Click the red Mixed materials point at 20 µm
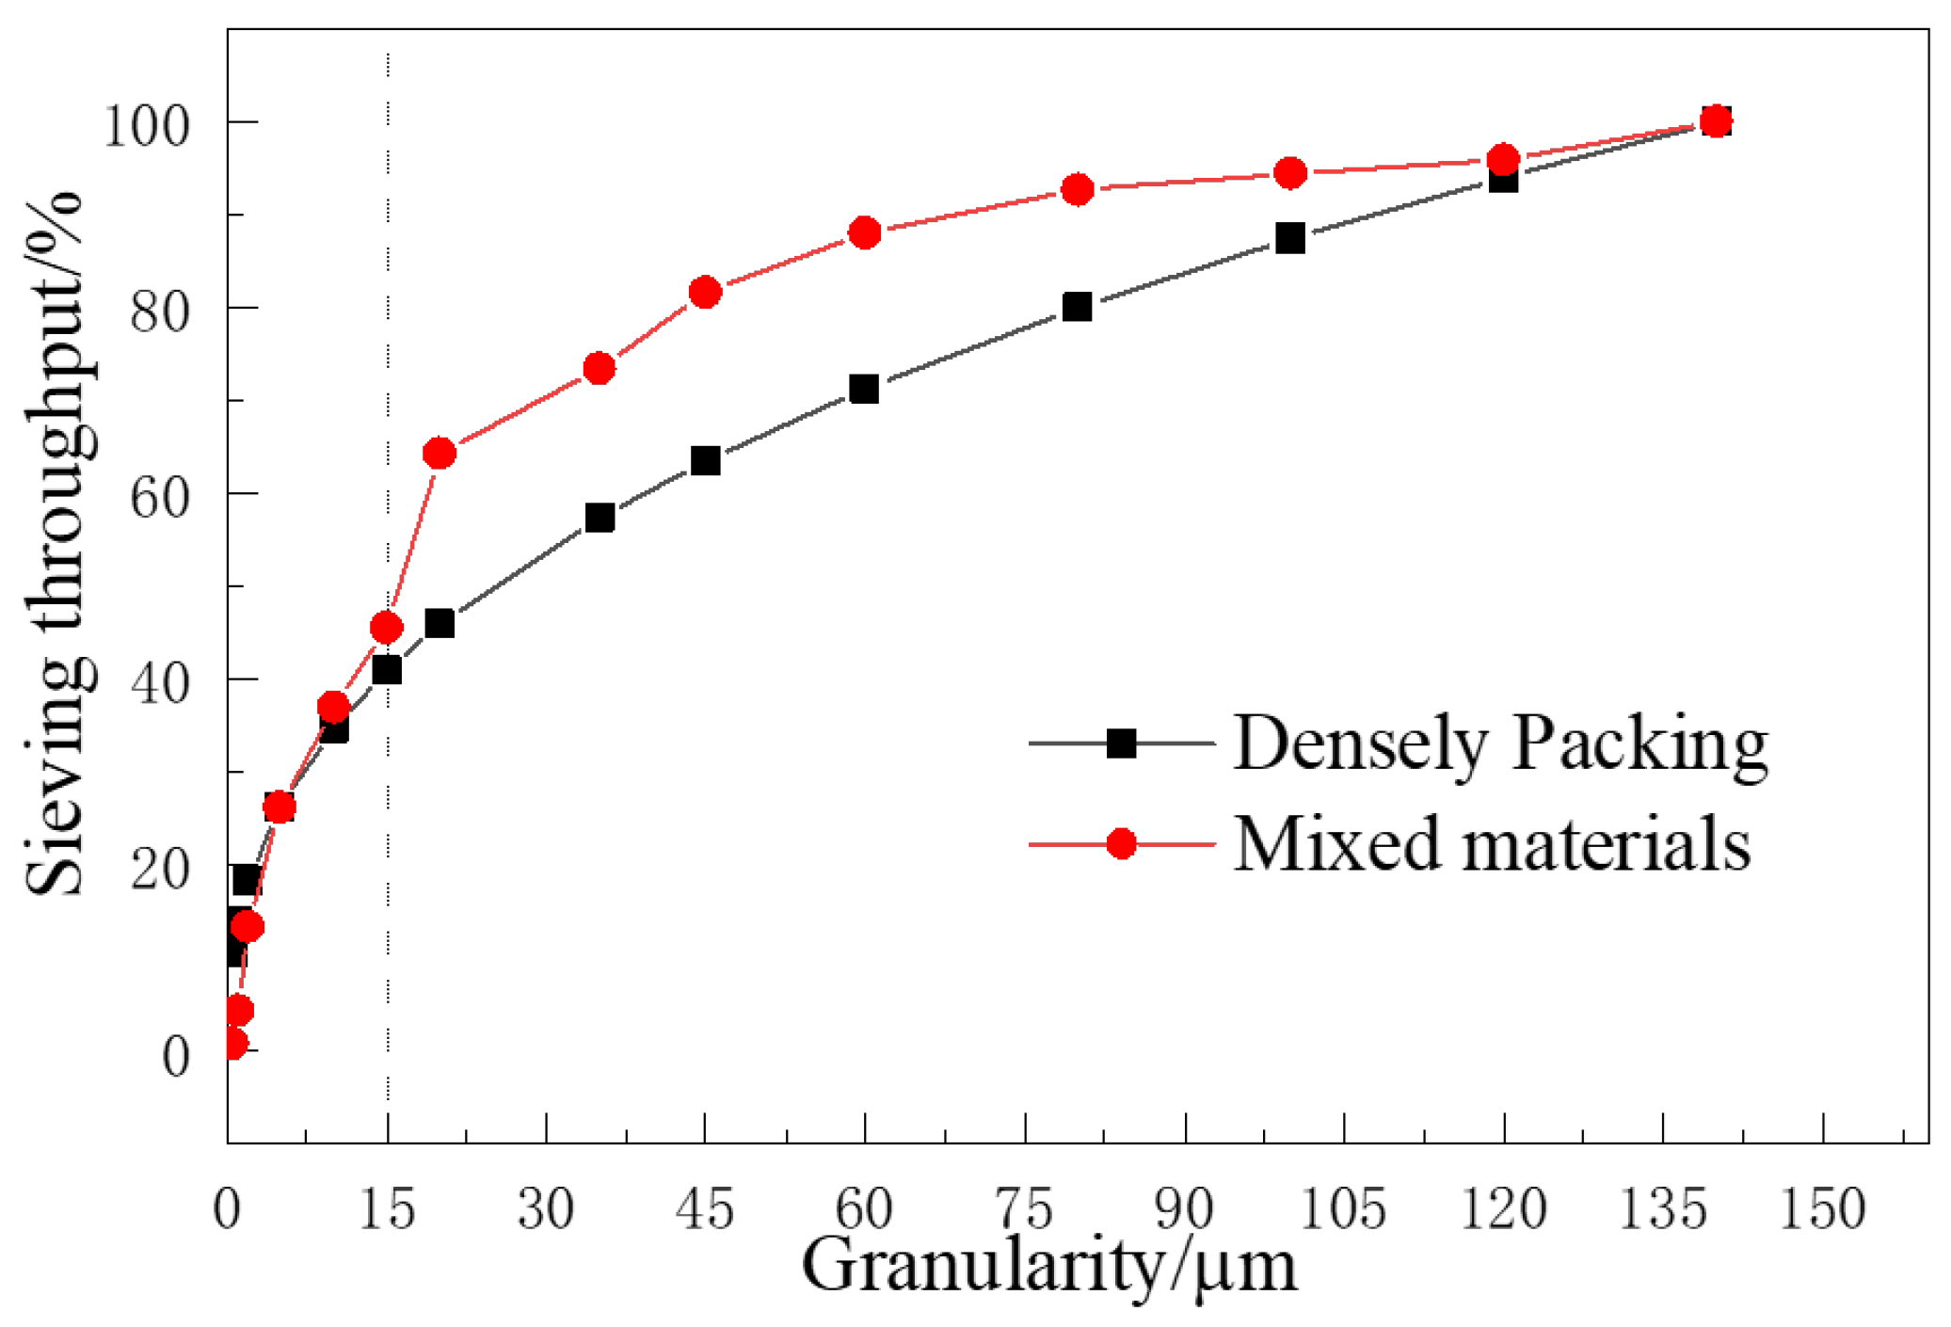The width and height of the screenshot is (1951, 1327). tap(440, 454)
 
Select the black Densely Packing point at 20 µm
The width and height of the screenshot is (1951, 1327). tap(440, 623)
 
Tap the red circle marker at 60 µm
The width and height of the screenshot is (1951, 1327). tap(865, 232)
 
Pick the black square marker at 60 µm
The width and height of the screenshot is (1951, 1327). tap(864, 389)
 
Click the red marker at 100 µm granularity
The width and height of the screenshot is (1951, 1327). tap(1290, 173)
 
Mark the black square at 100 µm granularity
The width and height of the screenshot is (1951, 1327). tap(1290, 238)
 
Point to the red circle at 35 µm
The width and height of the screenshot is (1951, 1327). tap(600, 368)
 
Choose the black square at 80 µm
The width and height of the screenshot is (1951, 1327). tap(1077, 307)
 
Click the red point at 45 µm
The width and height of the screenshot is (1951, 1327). tap(705, 292)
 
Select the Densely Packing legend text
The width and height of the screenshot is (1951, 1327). tap(1500, 744)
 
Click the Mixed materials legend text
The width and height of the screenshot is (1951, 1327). tap(1492, 844)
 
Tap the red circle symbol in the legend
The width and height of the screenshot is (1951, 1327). tap(1121, 844)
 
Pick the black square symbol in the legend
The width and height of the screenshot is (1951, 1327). tap(1121, 743)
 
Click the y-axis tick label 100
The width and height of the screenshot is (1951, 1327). tap(146, 125)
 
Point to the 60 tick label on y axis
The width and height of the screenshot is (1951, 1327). tap(160, 497)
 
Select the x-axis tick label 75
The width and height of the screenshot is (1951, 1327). tap(1024, 1209)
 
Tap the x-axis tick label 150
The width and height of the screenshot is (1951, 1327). tap(1822, 1209)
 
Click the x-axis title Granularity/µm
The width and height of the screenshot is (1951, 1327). tap(1048, 1267)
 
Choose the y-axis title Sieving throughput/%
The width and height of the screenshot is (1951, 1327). tap(56, 543)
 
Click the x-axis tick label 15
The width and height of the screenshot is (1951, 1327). tap(387, 1209)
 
